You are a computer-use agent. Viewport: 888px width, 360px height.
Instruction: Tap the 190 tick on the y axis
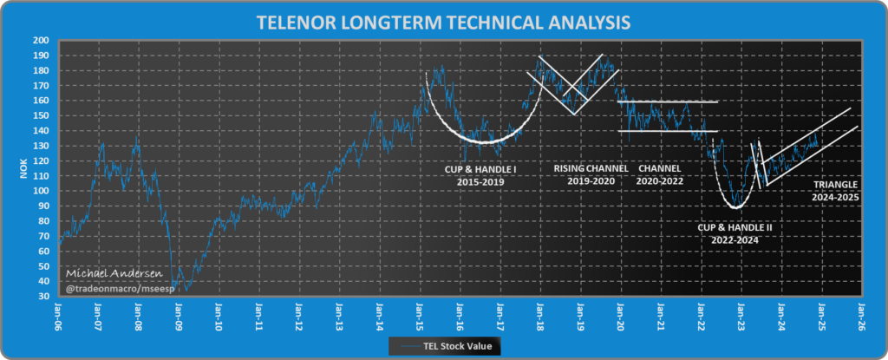(x=42, y=56)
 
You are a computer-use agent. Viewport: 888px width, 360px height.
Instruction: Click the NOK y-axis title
(x=23, y=169)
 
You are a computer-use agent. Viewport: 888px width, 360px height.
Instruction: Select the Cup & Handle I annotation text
(x=476, y=175)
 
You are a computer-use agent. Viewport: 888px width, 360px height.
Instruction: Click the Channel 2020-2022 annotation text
(x=661, y=175)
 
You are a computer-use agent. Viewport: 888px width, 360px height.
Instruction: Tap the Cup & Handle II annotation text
(x=735, y=233)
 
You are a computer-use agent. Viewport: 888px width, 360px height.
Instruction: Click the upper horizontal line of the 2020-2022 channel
(x=668, y=101)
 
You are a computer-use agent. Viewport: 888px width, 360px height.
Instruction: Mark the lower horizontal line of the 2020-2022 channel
(x=668, y=131)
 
